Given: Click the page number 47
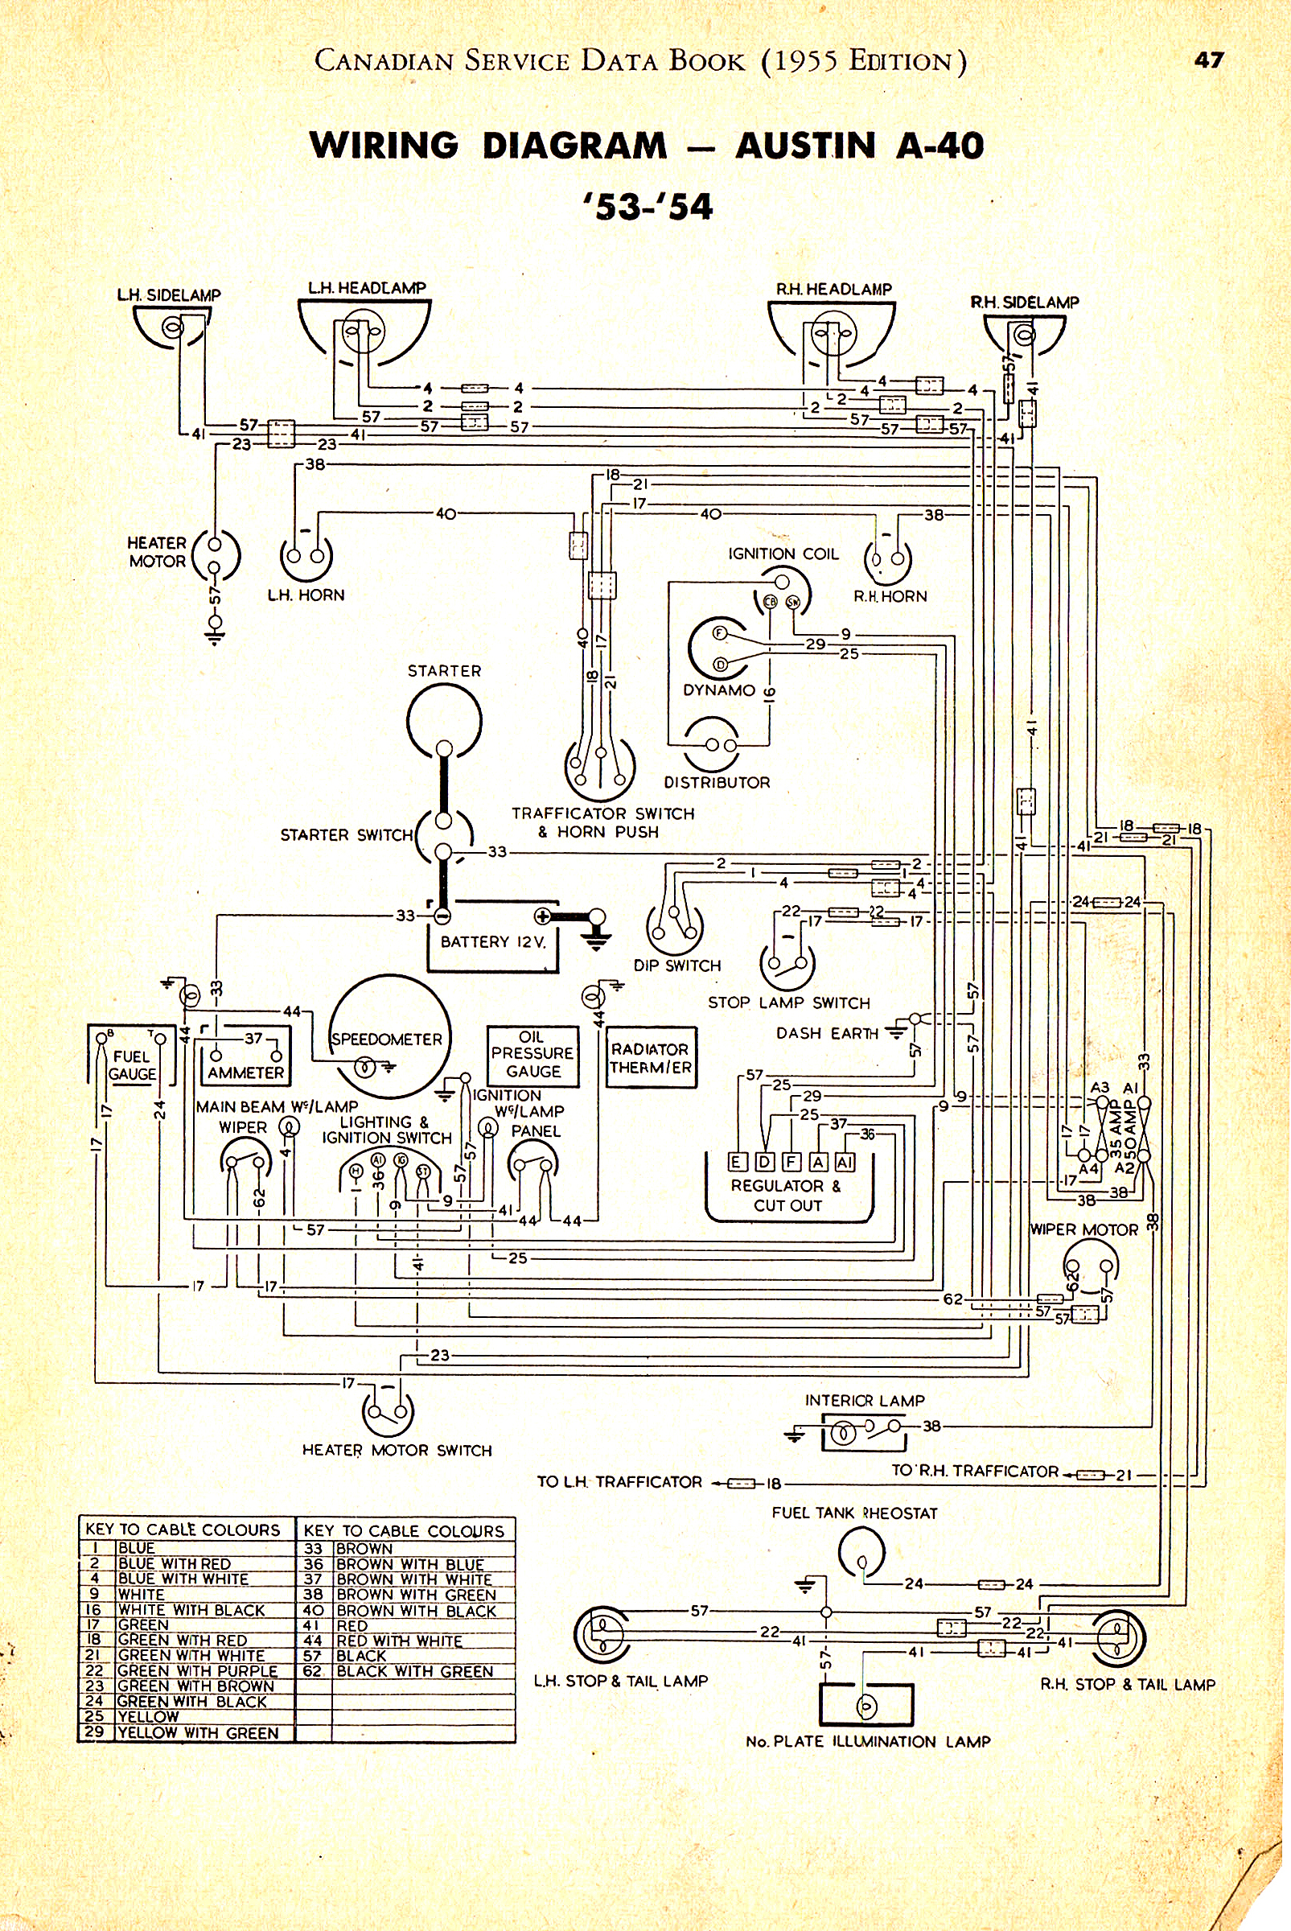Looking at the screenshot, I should (1209, 60).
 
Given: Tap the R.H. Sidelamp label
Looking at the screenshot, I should (1024, 303).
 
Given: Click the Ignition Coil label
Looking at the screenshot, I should (783, 554).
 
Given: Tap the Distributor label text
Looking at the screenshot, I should (717, 782).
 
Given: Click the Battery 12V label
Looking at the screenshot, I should (492, 941).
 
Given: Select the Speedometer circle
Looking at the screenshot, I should (389, 1036).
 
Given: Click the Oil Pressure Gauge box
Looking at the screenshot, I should (532, 1055).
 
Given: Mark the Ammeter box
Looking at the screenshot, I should (245, 1056).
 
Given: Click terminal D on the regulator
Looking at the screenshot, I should (765, 1162).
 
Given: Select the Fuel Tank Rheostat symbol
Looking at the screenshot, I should (861, 1551).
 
